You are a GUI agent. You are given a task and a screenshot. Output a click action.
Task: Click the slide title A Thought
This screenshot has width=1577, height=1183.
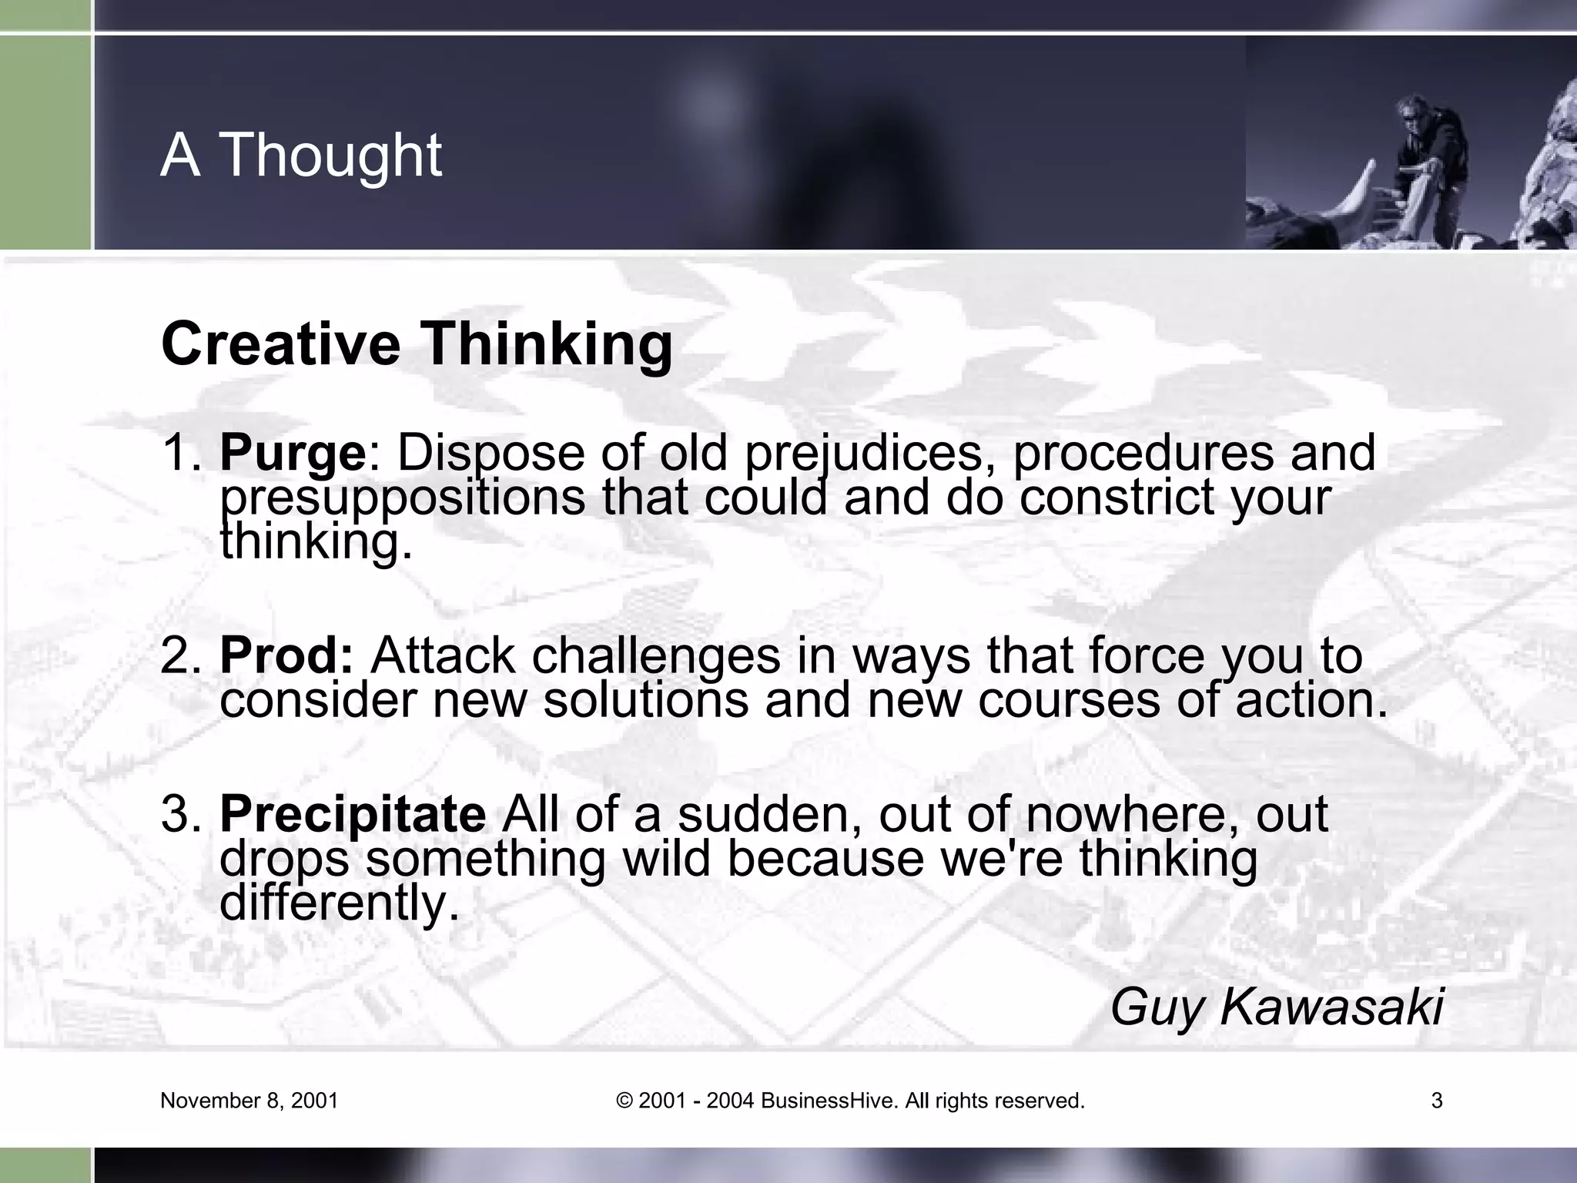tap(301, 155)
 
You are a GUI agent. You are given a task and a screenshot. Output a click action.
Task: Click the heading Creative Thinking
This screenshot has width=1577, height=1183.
tap(417, 344)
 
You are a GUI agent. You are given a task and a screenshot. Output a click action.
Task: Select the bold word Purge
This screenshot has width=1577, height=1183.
tap(293, 454)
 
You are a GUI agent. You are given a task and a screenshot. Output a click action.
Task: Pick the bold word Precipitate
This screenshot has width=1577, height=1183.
tap(353, 815)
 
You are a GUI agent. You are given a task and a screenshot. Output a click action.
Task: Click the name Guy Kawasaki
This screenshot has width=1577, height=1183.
tap(1276, 1007)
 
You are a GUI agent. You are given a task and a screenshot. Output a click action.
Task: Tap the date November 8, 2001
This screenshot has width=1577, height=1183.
tap(249, 1101)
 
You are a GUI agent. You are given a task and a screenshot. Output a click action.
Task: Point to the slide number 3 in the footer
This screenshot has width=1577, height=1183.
tap(1437, 1101)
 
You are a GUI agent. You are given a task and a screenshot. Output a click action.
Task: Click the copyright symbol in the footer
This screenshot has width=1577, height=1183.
tap(624, 1101)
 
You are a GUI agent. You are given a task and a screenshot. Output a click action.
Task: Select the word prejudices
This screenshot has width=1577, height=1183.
tap(869, 454)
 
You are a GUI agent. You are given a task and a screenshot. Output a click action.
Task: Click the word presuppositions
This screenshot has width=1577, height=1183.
tap(403, 498)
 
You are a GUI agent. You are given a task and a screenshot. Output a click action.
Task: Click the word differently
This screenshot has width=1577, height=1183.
tap(339, 903)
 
